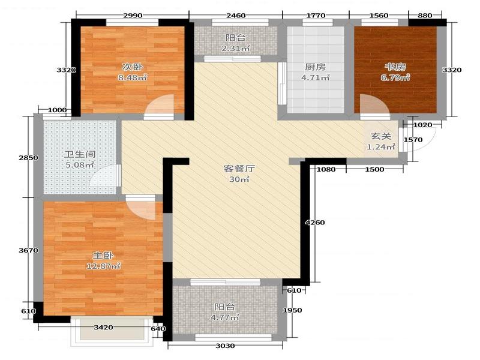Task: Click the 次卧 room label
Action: click(x=133, y=67)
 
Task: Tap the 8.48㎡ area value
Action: click(x=133, y=77)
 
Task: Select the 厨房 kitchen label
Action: click(x=316, y=67)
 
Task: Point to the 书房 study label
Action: click(x=395, y=67)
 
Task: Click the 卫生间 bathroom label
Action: click(x=80, y=154)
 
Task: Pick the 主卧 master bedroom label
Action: click(x=103, y=256)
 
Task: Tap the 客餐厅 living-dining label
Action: click(x=239, y=169)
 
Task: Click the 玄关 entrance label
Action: click(x=381, y=136)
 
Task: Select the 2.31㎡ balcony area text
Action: click(x=235, y=48)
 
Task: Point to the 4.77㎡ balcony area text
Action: click(x=224, y=317)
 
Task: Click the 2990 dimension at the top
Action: click(x=133, y=16)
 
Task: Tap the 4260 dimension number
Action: click(x=314, y=223)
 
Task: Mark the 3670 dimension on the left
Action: click(x=28, y=250)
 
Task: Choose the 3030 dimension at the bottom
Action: click(x=226, y=346)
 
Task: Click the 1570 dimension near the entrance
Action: click(x=413, y=140)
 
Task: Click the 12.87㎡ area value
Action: click(x=103, y=266)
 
